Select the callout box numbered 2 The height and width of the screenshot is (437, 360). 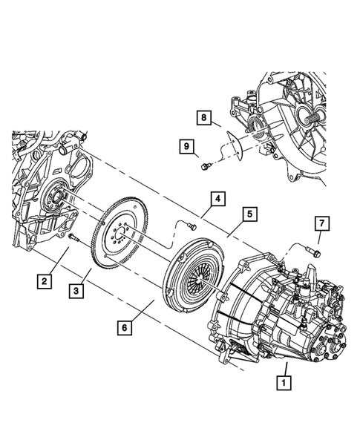click(45, 280)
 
